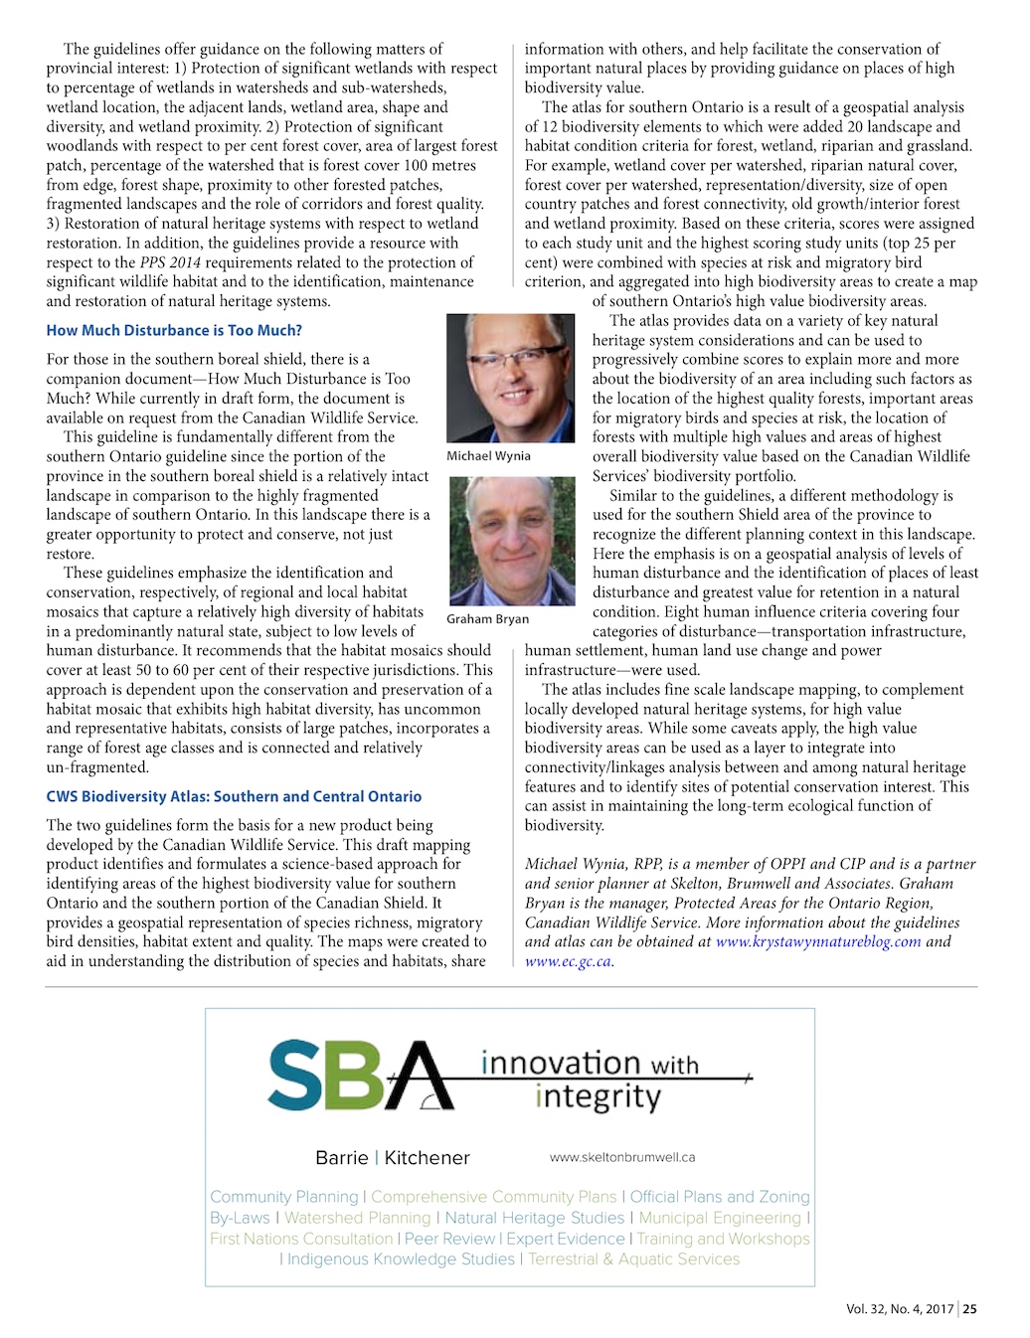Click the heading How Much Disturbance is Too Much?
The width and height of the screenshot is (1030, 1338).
(174, 330)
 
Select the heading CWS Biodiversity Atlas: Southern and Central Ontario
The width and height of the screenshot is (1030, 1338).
(234, 796)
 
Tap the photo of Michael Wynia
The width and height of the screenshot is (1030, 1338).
(510, 378)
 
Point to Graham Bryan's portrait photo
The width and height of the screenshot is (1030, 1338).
(512, 541)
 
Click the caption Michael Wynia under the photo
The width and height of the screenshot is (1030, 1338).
(488, 455)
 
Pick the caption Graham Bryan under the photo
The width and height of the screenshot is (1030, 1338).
(487, 618)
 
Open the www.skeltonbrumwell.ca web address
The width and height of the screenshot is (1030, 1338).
(622, 1157)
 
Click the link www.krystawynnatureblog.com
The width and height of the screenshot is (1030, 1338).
(818, 941)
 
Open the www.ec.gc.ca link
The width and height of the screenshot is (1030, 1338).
(568, 961)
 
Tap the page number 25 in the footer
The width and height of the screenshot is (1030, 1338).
(969, 1309)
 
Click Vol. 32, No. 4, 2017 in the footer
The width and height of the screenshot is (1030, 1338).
(900, 1309)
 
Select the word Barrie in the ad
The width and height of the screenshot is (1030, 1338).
(342, 1158)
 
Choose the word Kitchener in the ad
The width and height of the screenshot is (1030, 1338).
(428, 1158)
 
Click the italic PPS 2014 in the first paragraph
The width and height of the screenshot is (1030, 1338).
(170, 262)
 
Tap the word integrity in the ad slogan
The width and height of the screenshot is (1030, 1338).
(598, 1097)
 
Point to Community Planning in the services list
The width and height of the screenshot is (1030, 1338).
(284, 1197)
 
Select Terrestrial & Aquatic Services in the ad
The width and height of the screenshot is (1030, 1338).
(633, 1258)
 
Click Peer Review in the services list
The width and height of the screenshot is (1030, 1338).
(449, 1239)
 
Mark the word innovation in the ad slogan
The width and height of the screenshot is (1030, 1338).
(561, 1064)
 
